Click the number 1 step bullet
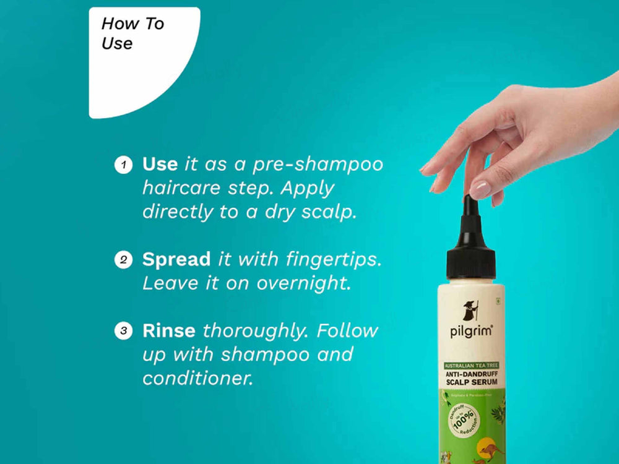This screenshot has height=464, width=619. click(x=123, y=165)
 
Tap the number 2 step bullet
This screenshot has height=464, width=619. click(x=123, y=260)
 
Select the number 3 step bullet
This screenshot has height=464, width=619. click(x=123, y=331)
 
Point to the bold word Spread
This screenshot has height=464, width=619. click(x=177, y=260)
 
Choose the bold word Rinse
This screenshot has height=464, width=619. click(x=169, y=330)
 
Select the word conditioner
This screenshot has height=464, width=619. click(x=198, y=378)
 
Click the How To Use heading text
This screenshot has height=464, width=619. click(x=132, y=33)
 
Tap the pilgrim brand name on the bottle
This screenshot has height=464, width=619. click(x=471, y=332)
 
